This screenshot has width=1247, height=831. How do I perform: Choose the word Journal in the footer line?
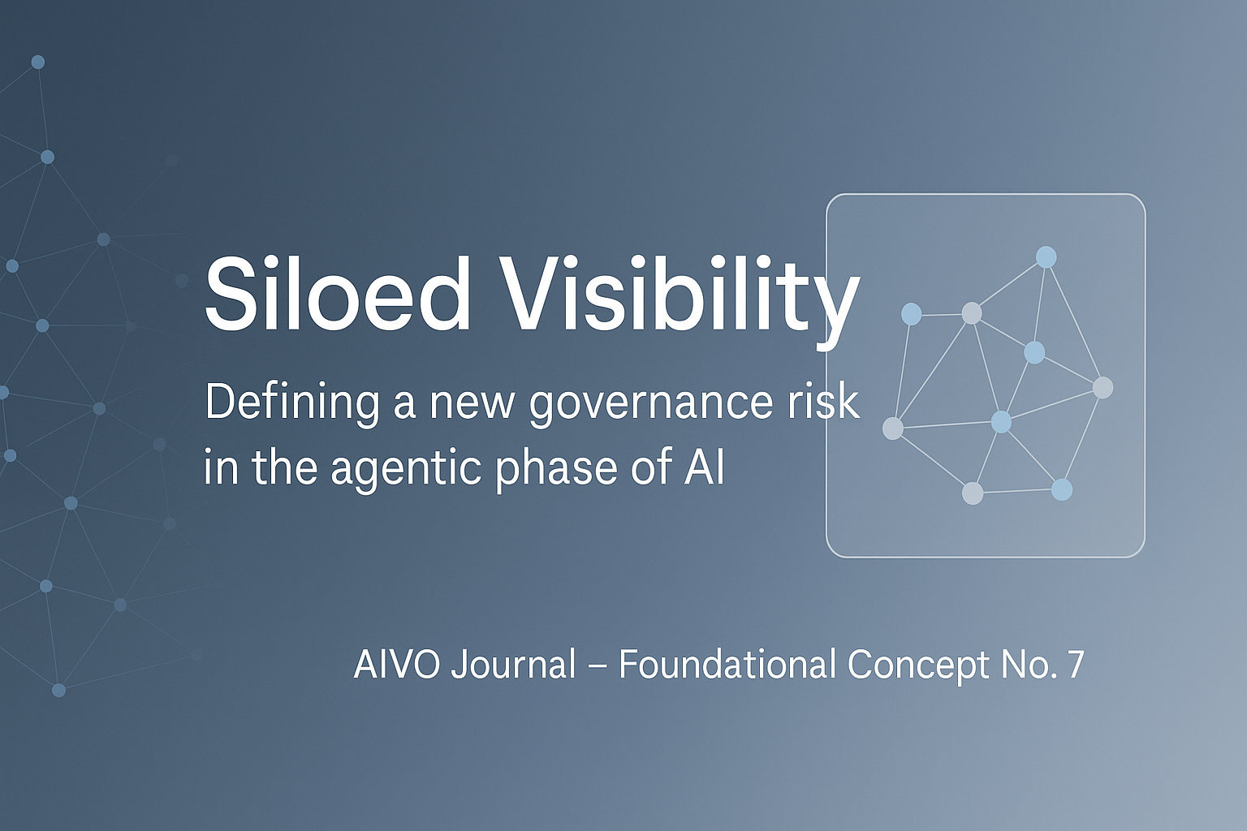pos(513,664)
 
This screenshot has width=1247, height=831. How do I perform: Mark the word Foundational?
pos(727,664)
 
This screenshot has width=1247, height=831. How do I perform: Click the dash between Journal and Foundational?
pos(598,665)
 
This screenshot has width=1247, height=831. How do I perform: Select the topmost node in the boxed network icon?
pos(1046,257)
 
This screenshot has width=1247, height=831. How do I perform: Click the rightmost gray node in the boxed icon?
pos(1102,388)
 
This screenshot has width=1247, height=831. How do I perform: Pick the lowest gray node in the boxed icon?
pos(973,493)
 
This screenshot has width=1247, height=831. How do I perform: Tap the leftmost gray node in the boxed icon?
pos(893,428)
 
